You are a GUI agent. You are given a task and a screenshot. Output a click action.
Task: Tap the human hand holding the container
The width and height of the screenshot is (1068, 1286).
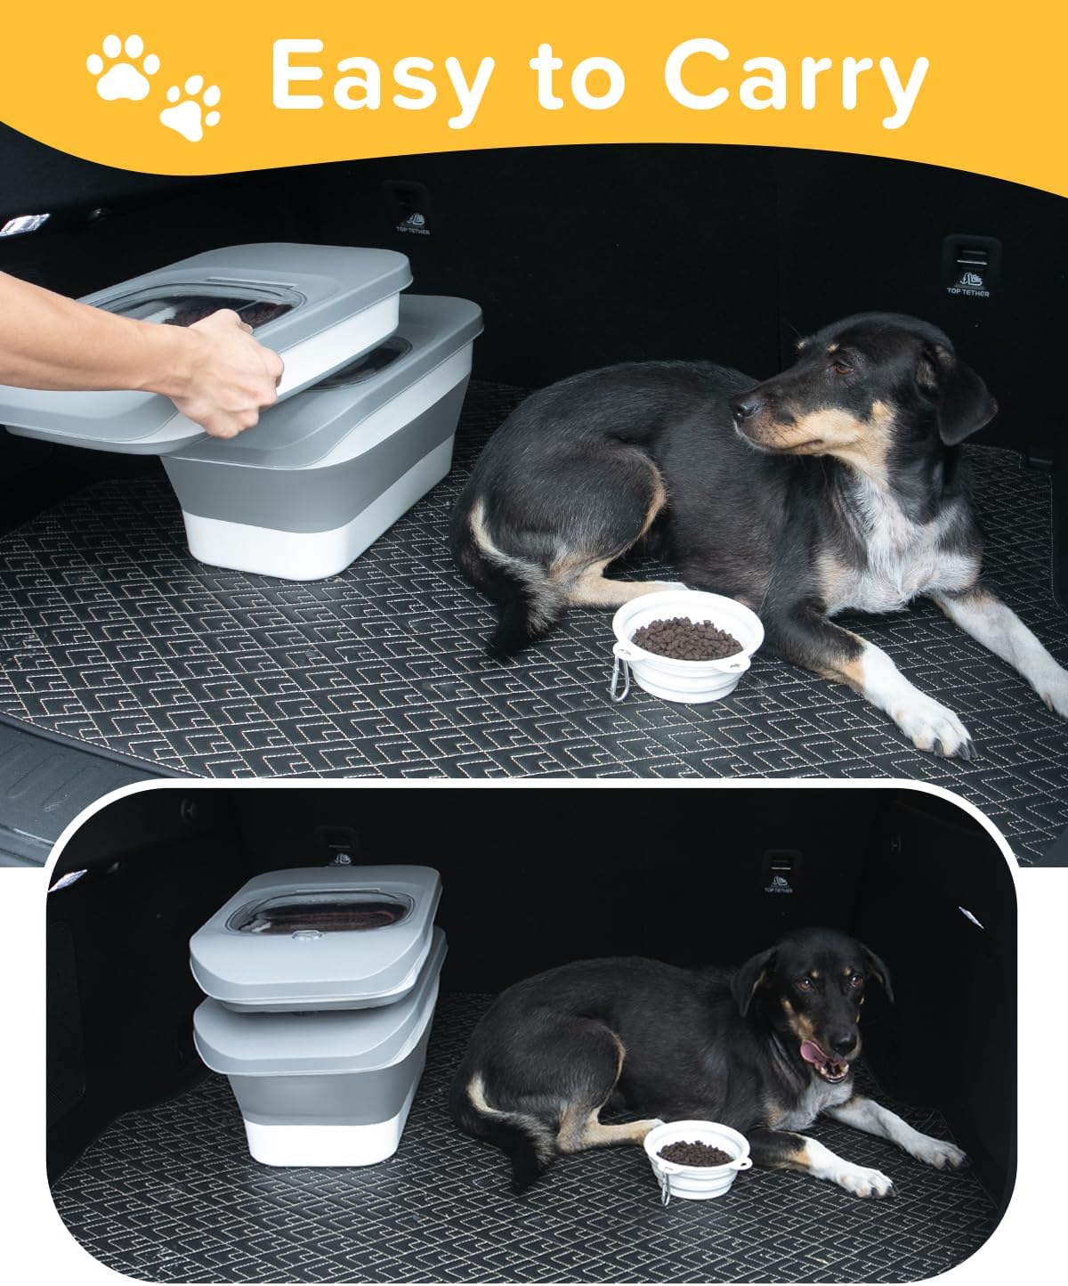[222, 371]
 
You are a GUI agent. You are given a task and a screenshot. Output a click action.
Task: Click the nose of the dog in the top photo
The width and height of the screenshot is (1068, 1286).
[741, 409]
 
